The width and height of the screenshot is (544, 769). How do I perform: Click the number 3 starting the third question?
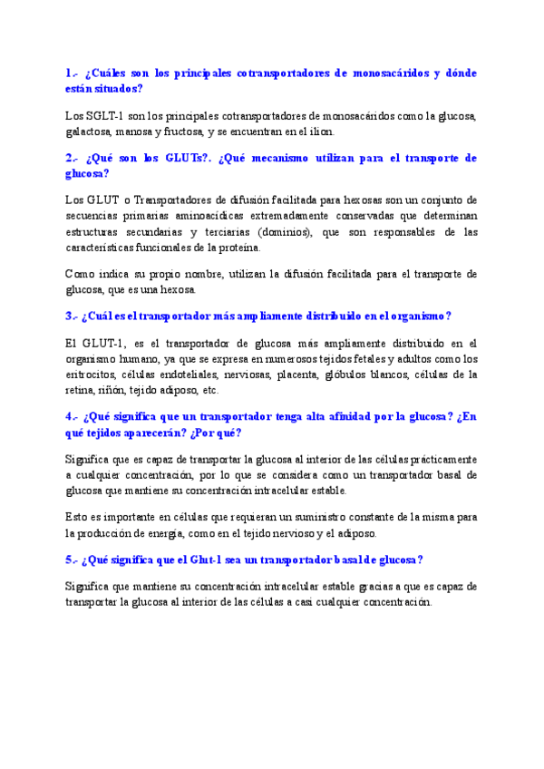click(x=69, y=316)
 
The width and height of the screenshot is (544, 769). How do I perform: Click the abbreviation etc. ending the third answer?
click(x=209, y=390)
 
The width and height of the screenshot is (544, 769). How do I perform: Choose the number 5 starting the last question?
click(x=69, y=560)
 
